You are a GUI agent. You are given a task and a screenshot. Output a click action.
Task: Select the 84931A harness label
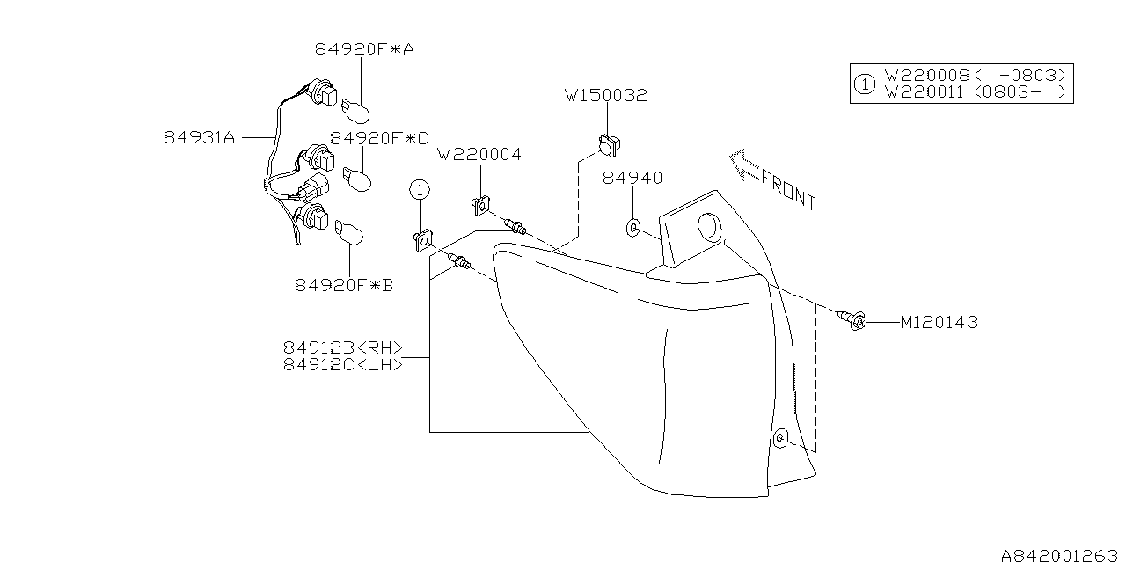point(200,137)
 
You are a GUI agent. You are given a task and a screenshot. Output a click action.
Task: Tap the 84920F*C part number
point(379,138)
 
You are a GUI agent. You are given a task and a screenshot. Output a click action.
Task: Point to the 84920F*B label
point(344,285)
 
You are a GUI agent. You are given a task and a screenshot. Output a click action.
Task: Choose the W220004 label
point(479,155)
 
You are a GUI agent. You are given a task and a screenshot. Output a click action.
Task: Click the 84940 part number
point(632,179)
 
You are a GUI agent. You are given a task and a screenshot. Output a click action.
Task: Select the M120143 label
point(939,323)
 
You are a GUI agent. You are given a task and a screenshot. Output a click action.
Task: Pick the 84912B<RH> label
point(343,347)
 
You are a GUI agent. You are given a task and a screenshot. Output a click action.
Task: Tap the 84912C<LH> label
point(343,363)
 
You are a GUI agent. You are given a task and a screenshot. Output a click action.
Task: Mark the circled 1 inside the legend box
point(865,84)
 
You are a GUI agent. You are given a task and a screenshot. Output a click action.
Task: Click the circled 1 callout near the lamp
point(420,189)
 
